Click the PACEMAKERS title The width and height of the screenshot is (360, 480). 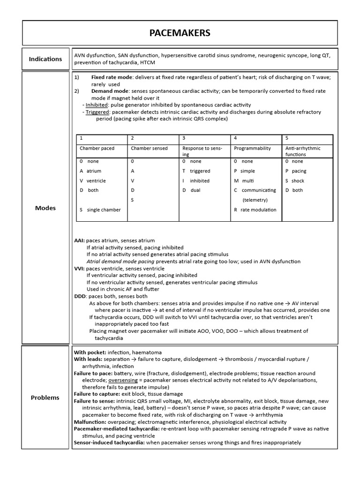(180, 33)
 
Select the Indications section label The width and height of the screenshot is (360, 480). (45, 59)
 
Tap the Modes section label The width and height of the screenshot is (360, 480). (45, 208)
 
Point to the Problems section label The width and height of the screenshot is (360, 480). (45, 397)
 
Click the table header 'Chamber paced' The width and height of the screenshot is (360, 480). (97, 148)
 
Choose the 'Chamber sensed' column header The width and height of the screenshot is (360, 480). (149, 148)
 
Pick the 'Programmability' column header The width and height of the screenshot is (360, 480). (252, 148)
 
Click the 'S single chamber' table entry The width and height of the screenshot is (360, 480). (100, 210)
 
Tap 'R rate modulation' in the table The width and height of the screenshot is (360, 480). (255, 210)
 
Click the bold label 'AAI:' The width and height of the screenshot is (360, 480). (80, 240)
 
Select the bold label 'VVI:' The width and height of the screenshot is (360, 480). (80, 269)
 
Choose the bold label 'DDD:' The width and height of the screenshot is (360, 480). (81, 296)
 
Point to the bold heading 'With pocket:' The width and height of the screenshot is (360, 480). (90, 352)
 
